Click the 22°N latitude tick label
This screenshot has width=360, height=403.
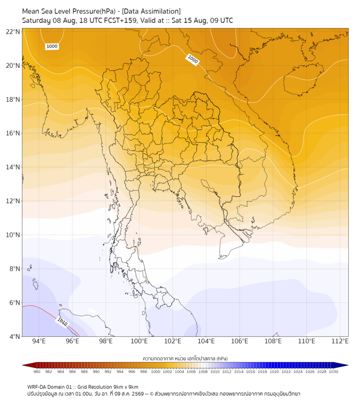pyautogui.click(x=13, y=31)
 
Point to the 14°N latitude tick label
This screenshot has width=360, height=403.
pyautogui.click(x=13, y=167)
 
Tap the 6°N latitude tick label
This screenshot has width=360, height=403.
pyautogui.click(x=14, y=302)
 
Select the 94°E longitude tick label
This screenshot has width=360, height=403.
pyautogui.click(x=39, y=341)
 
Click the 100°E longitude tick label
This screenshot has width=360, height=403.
pyautogui.click(x=139, y=341)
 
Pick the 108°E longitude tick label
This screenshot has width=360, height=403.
pyautogui.click(x=273, y=341)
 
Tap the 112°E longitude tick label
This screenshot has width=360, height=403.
pyautogui.click(x=340, y=341)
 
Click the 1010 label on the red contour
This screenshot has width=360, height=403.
pyautogui.click(x=62, y=322)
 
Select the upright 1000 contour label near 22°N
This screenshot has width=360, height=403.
pyautogui.click(x=52, y=46)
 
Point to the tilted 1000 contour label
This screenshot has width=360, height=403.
pyautogui.click(x=193, y=59)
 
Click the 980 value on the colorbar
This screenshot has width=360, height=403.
pyautogui.click(x=37, y=372)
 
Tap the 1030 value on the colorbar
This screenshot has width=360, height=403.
pyautogui.click(x=333, y=372)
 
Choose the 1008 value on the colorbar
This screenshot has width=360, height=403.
pyautogui.click(x=203, y=372)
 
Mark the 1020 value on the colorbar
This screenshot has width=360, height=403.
pyautogui.click(x=274, y=372)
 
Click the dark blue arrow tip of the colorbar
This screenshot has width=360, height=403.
pyautogui.click(x=348, y=365)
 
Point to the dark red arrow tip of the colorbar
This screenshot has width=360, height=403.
pyautogui.click(x=23, y=365)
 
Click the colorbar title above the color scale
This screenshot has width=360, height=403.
pyautogui.click(x=185, y=358)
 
